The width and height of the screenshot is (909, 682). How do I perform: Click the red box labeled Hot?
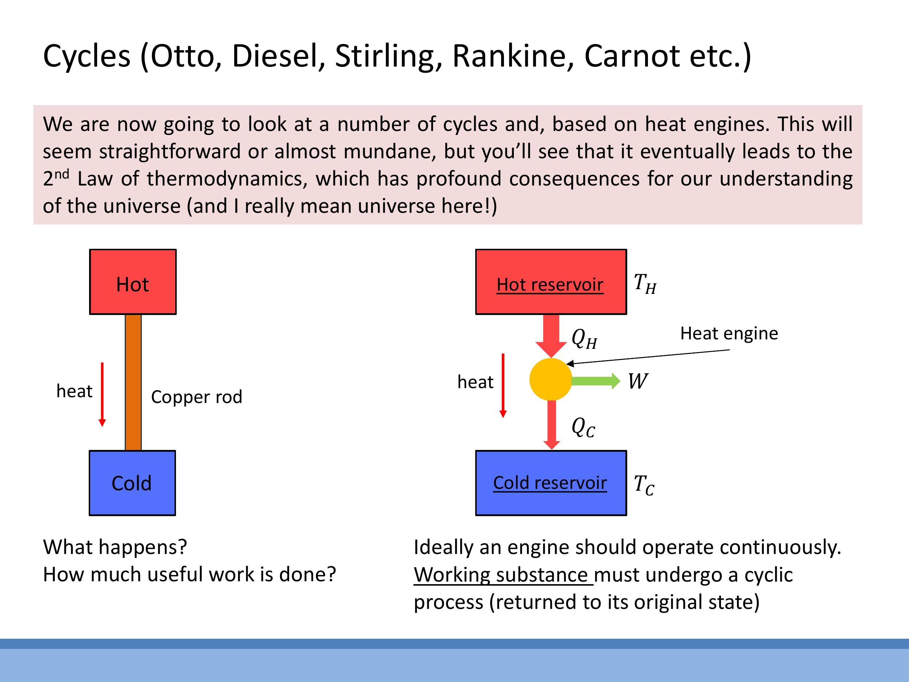pyautogui.click(x=133, y=282)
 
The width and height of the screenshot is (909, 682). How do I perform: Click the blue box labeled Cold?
pyautogui.click(x=132, y=483)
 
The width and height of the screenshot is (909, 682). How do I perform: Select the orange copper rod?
pyautogui.click(x=133, y=382)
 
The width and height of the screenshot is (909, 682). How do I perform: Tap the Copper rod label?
pyautogui.click(x=196, y=397)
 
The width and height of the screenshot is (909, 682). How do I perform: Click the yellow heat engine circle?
pyautogui.click(x=550, y=379)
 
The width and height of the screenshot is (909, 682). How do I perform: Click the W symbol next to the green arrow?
pyautogui.click(x=637, y=382)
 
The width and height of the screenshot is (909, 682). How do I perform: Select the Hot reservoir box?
pyautogui.click(x=550, y=282)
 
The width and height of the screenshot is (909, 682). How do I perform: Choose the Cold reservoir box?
pyautogui.click(x=550, y=483)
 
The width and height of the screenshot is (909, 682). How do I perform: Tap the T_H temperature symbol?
pyautogui.click(x=645, y=284)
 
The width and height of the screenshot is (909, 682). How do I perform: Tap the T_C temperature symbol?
pyautogui.click(x=644, y=485)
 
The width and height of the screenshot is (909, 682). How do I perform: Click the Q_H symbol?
pyautogui.click(x=584, y=339)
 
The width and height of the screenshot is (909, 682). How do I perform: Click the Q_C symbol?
pyautogui.click(x=583, y=427)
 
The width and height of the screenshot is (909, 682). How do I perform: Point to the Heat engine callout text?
pyautogui.click(x=729, y=334)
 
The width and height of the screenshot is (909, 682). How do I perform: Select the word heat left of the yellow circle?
pyautogui.click(x=475, y=382)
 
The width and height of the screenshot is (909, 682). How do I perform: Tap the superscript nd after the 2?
pyautogui.click(x=62, y=174)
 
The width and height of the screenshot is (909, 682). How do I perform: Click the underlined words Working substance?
pyautogui.click(x=502, y=575)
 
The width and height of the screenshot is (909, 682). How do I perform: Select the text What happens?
pyautogui.click(x=115, y=547)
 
